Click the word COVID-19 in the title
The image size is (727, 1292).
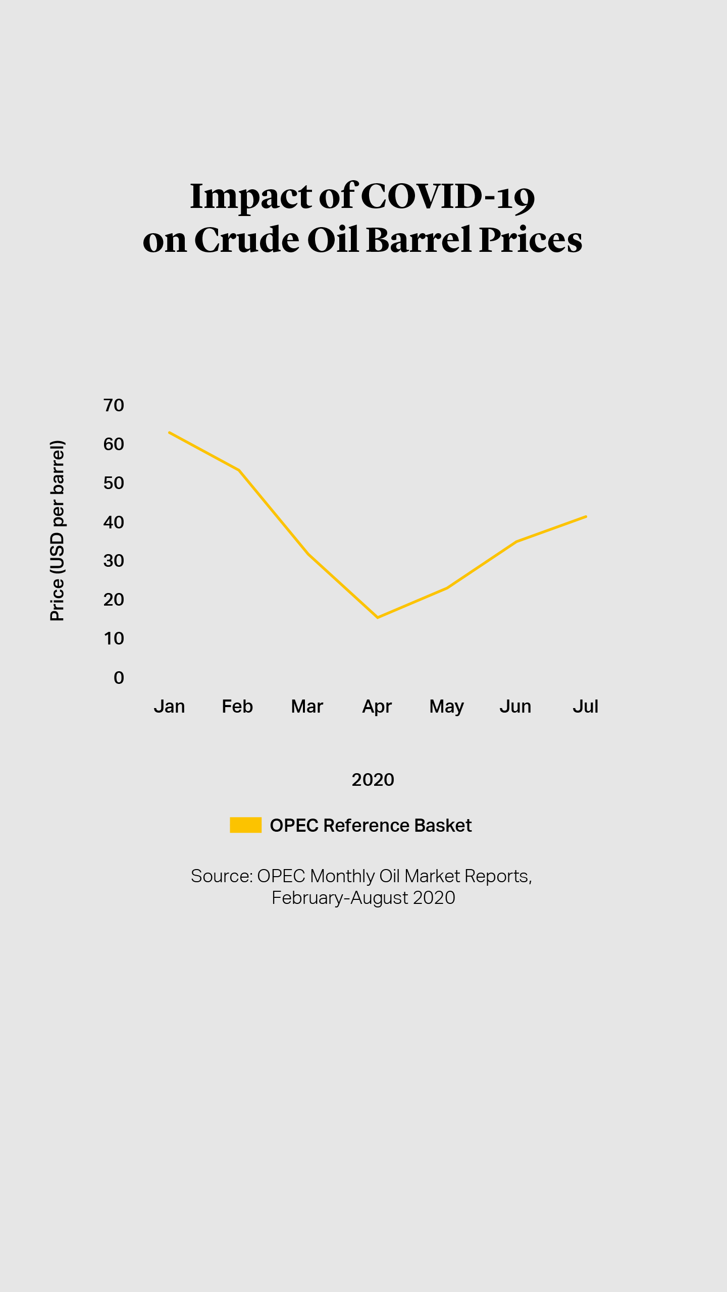tap(448, 196)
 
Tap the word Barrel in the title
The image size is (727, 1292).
tap(419, 240)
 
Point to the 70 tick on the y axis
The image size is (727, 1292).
tap(114, 405)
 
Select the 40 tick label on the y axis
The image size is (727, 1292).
tap(114, 522)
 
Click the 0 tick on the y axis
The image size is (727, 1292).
tap(119, 678)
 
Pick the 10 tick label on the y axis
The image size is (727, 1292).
tap(114, 639)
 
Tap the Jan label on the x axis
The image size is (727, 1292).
tap(169, 707)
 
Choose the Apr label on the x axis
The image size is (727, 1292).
tap(377, 707)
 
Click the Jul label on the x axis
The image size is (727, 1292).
tap(585, 707)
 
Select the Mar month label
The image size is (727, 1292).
tap(307, 707)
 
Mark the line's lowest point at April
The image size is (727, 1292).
tap(378, 617)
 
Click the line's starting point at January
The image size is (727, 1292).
tap(170, 433)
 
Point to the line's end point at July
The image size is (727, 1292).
tap(586, 516)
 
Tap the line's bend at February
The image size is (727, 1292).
tap(239, 470)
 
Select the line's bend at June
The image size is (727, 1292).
tap(516, 542)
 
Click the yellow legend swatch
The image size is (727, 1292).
tap(245, 825)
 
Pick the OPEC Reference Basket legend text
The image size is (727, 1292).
tap(371, 826)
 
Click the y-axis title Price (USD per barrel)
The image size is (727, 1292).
tap(58, 530)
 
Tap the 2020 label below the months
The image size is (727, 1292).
tap(373, 780)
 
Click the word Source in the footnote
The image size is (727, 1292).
tap(221, 877)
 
